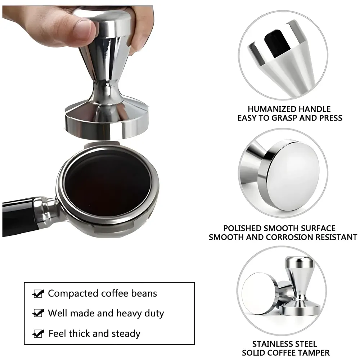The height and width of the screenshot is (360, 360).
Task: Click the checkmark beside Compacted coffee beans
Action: click(x=38, y=293)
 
